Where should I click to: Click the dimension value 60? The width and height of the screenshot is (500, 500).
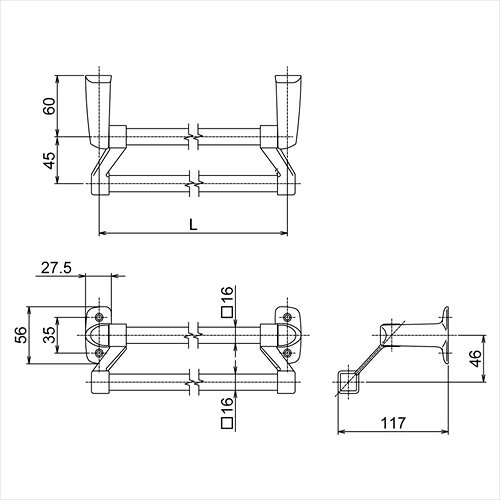coord(49,106)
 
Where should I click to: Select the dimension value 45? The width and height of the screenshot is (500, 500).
coord(49,160)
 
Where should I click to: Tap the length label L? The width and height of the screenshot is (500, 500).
coord(193,225)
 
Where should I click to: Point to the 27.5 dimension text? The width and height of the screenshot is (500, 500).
coord(56,268)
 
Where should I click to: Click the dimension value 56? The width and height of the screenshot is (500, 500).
coord(21,335)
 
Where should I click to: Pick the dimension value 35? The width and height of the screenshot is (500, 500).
coord(49,335)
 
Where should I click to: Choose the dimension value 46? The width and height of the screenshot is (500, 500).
coord(476,358)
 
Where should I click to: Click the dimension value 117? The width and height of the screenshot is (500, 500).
coord(393,423)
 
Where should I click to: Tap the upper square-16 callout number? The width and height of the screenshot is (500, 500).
coord(227,295)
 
